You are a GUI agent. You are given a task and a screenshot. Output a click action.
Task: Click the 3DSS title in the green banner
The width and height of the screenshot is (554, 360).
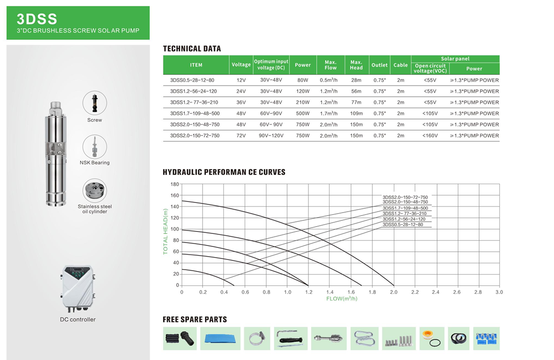pos(37,19)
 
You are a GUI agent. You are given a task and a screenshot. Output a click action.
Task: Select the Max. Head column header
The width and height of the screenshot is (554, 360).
pos(356,65)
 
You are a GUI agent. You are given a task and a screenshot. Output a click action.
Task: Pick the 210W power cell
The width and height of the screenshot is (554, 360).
pos(303,102)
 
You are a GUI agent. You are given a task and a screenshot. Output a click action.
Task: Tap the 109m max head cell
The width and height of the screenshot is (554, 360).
pos(356,114)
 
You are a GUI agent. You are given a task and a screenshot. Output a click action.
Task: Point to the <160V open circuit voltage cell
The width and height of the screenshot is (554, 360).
pos(430,136)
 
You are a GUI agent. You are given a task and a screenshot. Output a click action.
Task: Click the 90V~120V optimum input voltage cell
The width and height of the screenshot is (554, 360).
pos(271,136)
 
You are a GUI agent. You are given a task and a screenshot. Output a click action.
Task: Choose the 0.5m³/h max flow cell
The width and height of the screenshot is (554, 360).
pos(330,80)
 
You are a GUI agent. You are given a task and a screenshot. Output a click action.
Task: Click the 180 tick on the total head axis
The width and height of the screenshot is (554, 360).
pos(175,184)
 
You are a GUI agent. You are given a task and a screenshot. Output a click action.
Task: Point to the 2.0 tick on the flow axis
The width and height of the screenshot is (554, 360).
pos(394,292)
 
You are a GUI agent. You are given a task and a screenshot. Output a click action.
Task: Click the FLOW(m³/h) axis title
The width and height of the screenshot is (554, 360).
pos(342,299)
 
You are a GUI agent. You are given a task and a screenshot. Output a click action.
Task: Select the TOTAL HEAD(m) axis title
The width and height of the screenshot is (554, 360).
pos(166,231)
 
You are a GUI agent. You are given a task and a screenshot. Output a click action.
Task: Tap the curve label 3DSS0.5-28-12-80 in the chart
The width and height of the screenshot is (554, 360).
pos(403,225)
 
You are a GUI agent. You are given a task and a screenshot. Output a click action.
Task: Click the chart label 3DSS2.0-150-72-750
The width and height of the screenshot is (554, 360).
pos(405,197)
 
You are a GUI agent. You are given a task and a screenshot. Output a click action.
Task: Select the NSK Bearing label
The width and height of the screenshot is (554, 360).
pos(95,163)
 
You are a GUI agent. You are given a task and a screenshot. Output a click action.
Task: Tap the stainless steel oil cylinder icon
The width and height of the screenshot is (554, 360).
pos(95,191)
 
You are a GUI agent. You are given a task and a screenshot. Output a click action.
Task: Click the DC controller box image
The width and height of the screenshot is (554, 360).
pos(78,289)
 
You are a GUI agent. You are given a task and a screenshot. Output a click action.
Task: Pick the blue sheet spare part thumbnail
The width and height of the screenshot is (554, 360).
pos(220,338)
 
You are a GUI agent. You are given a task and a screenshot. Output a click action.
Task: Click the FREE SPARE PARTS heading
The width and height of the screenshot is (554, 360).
pos(195,319)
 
